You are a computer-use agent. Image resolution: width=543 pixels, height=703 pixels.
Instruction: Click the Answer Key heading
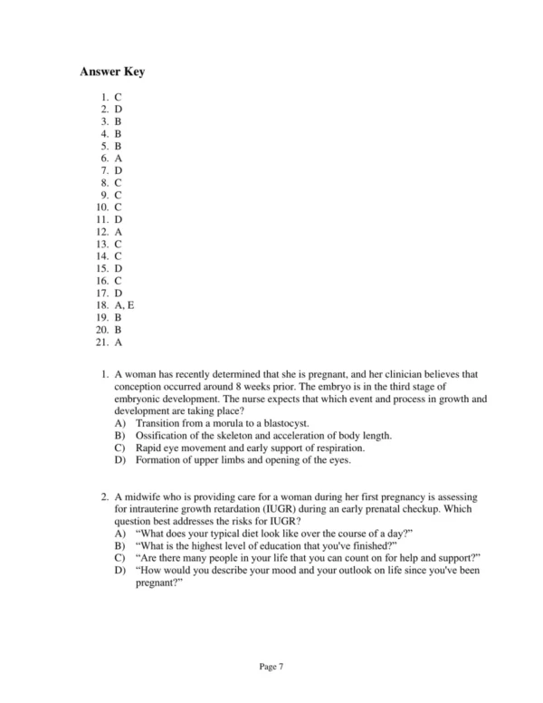click(x=112, y=72)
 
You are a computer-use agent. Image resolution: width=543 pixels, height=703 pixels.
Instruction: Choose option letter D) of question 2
click(x=120, y=572)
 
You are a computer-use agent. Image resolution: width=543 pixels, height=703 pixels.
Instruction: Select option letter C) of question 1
click(x=120, y=448)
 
